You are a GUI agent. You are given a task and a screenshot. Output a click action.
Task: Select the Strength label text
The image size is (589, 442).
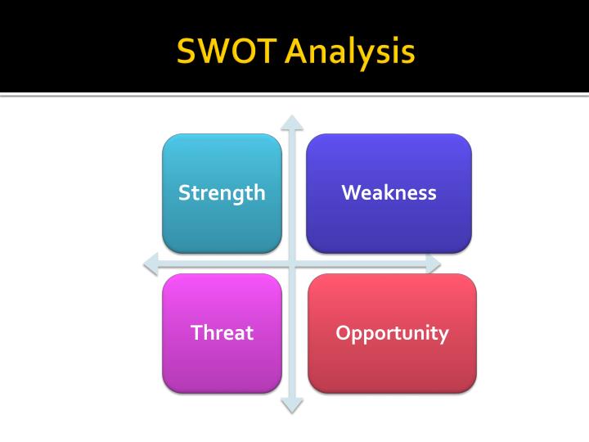(x=222, y=193)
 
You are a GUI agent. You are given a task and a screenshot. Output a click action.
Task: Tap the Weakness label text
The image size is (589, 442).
(x=389, y=192)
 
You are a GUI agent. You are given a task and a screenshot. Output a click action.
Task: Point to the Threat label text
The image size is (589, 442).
(x=222, y=333)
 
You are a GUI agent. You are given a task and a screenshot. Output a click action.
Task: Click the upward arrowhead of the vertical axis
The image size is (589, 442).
(x=292, y=123)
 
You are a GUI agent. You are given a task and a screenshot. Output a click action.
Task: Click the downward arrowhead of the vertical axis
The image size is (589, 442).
(x=292, y=404)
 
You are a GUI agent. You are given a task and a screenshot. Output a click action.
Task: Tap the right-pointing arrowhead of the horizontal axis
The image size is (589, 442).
(x=434, y=264)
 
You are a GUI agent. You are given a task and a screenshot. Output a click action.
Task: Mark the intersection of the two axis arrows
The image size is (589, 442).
(x=292, y=264)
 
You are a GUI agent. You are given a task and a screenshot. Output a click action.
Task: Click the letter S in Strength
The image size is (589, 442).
(x=184, y=192)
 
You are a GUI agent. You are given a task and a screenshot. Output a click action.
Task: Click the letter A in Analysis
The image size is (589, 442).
(x=297, y=52)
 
